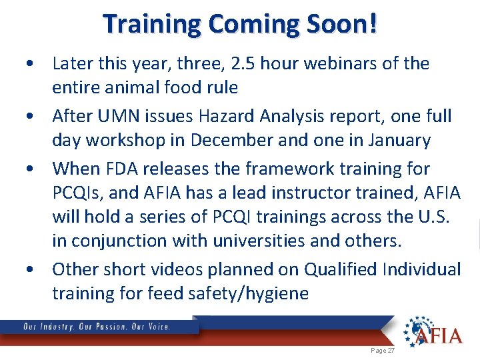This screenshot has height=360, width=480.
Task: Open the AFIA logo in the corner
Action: click(433, 331)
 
